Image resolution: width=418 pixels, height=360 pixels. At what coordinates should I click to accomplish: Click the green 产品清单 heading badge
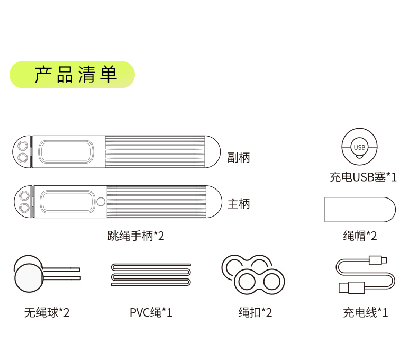click(x=72, y=75)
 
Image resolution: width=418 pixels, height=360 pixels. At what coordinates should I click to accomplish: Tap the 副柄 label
click(x=238, y=158)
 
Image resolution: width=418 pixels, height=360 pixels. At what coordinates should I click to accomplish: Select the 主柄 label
click(x=238, y=204)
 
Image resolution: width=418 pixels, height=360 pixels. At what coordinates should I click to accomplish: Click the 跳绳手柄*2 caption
click(x=136, y=236)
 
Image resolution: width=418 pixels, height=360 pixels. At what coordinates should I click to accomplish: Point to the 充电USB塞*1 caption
click(x=363, y=177)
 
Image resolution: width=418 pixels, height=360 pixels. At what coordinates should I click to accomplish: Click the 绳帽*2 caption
click(x=360, y=236)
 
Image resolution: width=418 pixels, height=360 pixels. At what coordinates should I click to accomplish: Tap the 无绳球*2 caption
click(x=47, y=312)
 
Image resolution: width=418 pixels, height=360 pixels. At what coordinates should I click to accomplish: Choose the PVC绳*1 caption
click(x=151, y=312)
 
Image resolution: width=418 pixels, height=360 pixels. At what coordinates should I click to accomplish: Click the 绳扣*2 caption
click(x=255, y=312)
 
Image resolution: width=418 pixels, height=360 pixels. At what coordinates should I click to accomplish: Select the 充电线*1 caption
click(x=365, y=312)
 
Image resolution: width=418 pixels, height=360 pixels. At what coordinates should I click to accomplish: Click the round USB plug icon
click(x=360, y=147)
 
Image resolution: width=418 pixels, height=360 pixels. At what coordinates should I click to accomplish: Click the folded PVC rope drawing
click(x=151, y=274)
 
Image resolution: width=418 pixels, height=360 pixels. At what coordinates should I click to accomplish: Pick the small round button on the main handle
click(x=101, y=201)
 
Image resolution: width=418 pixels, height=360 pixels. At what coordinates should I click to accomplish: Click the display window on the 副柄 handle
click(x=66, y=152)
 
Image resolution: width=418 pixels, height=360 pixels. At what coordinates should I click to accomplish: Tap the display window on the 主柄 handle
click(x=67, y=201)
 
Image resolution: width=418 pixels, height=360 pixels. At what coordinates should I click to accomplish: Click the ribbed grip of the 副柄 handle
click(x=155, y=152)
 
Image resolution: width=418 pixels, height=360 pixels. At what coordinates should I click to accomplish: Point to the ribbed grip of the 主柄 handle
click(x=156, y=201)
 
